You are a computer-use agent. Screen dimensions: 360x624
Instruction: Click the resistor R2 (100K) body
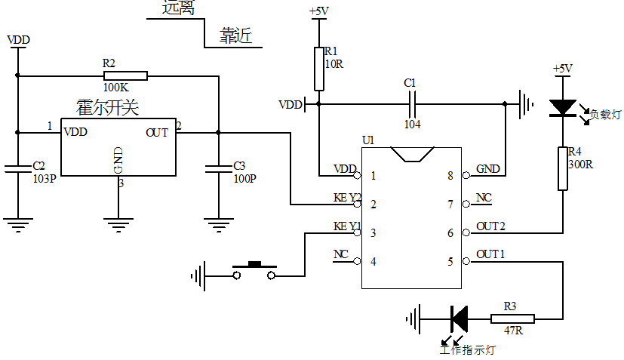click(x=125, y=75)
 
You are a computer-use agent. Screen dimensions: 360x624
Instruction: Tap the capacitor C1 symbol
click(x=413, y=103)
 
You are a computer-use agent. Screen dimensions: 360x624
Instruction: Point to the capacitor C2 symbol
click(x=17, y=168)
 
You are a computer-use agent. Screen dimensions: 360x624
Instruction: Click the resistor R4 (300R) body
click(x=562, y=168)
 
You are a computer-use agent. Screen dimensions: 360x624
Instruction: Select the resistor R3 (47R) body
click(x=512, y=319)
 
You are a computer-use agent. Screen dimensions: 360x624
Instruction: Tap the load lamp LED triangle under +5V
click(x=562, y=108)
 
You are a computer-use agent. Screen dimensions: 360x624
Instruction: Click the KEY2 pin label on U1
click(x=348, y=198)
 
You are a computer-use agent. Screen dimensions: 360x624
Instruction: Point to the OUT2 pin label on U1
click(x=491, y=226)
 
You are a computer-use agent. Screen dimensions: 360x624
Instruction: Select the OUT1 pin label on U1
click(x=491, y=255)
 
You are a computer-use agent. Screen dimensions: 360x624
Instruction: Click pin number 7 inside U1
click(x=450, y=205)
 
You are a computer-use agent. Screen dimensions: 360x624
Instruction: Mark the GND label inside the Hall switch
click(x=118, y=161)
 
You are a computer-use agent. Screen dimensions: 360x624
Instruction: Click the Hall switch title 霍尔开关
click(x=108, y=108)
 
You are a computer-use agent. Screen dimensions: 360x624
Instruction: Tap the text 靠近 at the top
click(x=235, y=35)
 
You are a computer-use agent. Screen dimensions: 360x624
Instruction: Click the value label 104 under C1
click(x=413, y=125)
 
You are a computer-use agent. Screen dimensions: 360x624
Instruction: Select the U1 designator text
click(x=367, y=140)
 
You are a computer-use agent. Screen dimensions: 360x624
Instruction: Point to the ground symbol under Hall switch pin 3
click(x=118, y=223)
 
